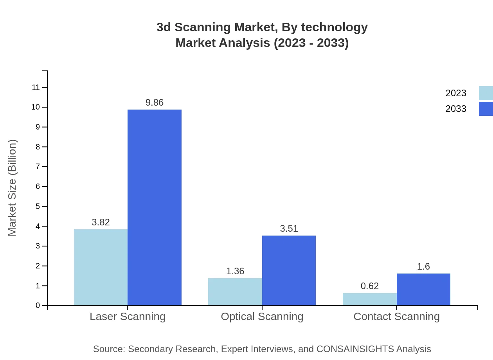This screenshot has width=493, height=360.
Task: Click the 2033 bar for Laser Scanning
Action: (155, 207)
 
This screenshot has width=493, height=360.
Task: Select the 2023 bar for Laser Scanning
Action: (101, 267)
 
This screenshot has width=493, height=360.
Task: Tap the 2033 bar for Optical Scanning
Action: (289, 270)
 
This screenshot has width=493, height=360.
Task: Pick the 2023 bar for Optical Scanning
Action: (235, 292)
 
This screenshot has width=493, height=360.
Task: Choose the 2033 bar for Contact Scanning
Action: (423, 289)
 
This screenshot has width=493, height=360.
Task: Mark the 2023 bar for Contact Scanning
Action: (369, 299)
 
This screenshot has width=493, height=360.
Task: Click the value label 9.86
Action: (155, 103)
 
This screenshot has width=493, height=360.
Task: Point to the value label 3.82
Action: (101, 222)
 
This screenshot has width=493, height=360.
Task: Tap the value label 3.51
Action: (289, 229)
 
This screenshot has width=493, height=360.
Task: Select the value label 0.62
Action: (369, 286)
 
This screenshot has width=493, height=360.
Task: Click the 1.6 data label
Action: (423, 266)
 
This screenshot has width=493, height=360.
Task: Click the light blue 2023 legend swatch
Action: (486, 93)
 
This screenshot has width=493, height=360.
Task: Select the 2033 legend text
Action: (456, 109)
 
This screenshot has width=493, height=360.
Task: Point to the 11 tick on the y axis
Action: (36, 87)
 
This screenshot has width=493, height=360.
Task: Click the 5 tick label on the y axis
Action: (38, 206)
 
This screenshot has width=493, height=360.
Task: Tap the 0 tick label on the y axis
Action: (38, 306)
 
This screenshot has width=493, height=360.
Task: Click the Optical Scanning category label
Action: (262, 316)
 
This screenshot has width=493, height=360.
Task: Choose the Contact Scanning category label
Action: (396, 316)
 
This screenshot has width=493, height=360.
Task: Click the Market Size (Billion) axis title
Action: (13, 188)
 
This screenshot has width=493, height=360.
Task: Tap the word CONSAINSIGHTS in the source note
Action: (354, 349)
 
